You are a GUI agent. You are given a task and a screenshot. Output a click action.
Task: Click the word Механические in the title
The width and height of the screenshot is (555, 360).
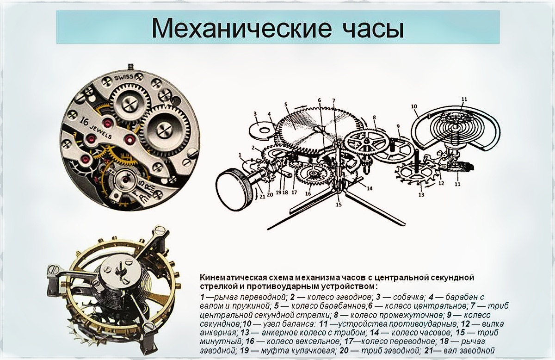pos(241,28)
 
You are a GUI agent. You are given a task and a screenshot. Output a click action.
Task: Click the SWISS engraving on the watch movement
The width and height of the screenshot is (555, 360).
pos(124,77)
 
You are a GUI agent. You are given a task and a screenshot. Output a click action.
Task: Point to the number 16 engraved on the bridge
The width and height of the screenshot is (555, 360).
pos(84,121)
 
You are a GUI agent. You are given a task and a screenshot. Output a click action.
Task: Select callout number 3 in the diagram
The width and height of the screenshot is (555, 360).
pos(255,114)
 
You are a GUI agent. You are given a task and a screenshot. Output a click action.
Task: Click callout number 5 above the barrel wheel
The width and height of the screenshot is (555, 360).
pos(286,105)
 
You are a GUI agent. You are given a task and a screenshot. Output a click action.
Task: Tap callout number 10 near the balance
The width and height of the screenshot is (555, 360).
pos(414,106)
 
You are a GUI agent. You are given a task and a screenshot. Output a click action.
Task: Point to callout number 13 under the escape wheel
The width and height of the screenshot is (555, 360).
pos(421,195)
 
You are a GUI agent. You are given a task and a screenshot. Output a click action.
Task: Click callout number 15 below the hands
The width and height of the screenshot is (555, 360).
pos(339,205)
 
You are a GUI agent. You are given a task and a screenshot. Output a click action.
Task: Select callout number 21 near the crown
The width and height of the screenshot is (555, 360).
pos(262,197)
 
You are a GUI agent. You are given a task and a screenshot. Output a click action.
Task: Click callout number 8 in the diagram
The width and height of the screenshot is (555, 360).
pos(374,117)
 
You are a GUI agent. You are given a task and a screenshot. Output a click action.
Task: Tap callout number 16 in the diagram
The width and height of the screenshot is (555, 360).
pos(308,194)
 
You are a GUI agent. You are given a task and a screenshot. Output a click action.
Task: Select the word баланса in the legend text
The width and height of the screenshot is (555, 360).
pos(296,324)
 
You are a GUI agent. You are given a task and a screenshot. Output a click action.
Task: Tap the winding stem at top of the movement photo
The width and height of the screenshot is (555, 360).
pos(130,67)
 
